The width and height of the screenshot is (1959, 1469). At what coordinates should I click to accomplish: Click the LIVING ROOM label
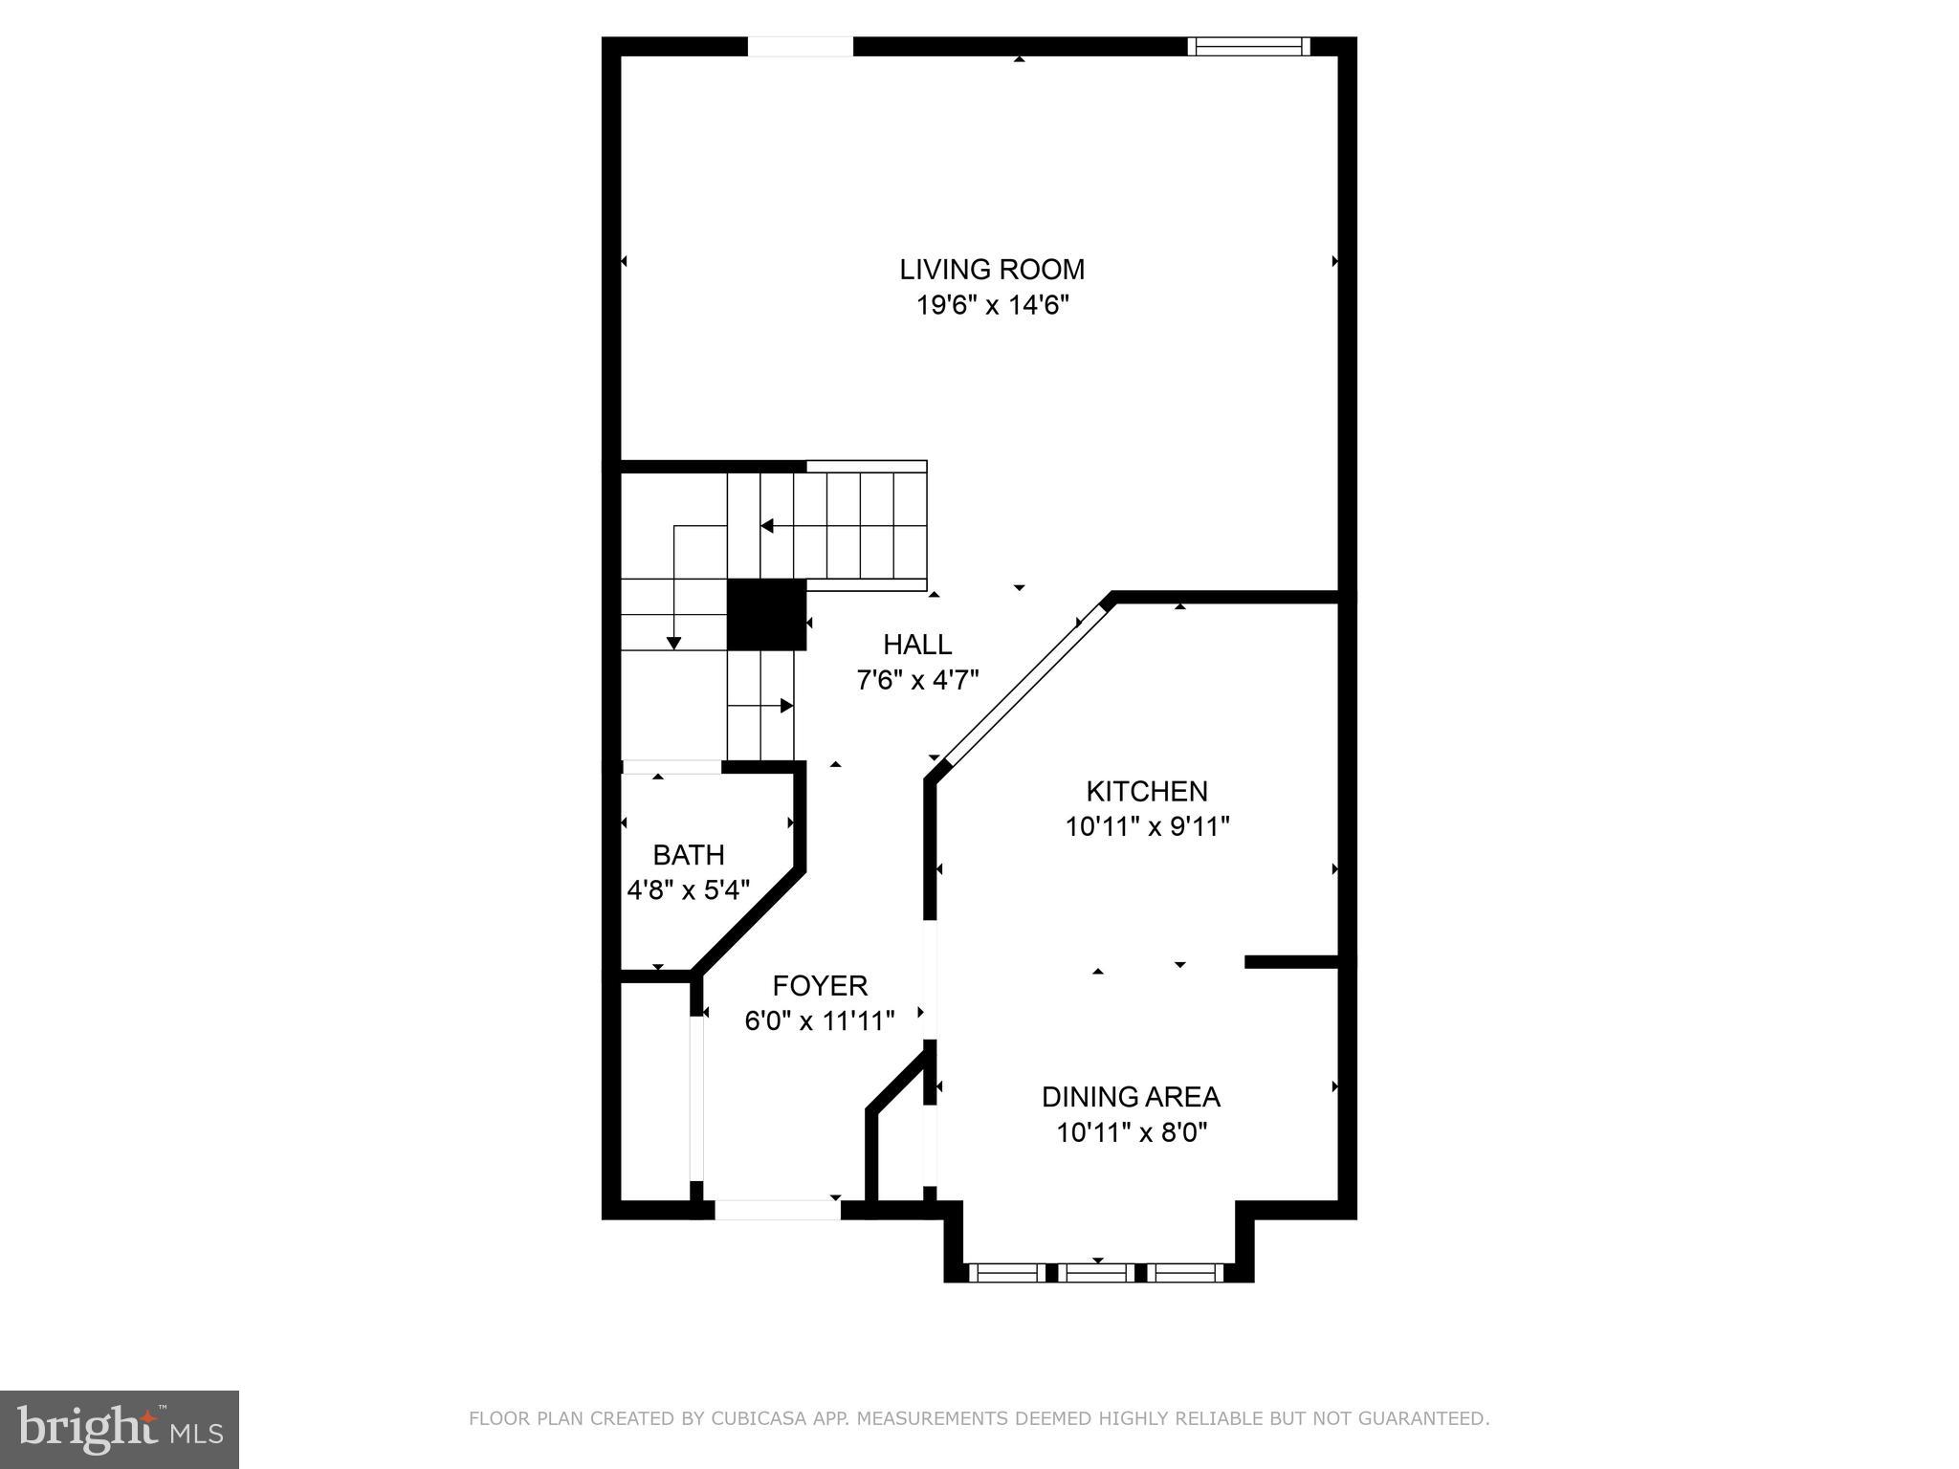(992, 270)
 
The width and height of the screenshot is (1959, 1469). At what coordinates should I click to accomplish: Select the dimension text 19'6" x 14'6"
(992, 306)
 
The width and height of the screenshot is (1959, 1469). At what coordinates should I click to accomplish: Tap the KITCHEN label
(1146, 791)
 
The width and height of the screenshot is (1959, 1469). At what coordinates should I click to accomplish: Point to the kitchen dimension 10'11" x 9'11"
(1146, 826)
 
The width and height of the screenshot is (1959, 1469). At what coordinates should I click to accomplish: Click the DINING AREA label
(1131, 1096)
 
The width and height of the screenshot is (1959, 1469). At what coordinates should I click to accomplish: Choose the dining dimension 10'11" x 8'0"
(1131, 1133)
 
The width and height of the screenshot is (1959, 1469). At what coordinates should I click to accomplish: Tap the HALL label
(917, 645)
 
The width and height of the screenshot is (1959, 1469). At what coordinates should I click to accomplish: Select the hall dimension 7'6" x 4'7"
(917, 681)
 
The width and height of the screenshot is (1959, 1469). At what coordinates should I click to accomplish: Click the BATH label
(688, 855)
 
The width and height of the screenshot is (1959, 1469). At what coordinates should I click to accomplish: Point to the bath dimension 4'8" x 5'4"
(688, 890)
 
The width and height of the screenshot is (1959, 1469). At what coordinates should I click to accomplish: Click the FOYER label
(820, 985)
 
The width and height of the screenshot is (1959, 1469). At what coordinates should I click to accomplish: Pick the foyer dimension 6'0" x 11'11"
(820, 1021)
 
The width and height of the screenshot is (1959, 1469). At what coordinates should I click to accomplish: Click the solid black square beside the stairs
(766, 615)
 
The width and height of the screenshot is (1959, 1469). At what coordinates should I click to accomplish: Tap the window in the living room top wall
(1248, 46)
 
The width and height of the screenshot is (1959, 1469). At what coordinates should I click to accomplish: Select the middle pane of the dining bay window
(1096, 1273)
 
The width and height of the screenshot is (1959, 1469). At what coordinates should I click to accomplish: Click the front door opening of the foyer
(778, 1210)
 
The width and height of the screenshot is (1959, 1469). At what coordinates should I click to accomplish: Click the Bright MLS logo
(120, 1429)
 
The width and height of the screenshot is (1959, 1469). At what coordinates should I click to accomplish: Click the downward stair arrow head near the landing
(674, 643)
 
